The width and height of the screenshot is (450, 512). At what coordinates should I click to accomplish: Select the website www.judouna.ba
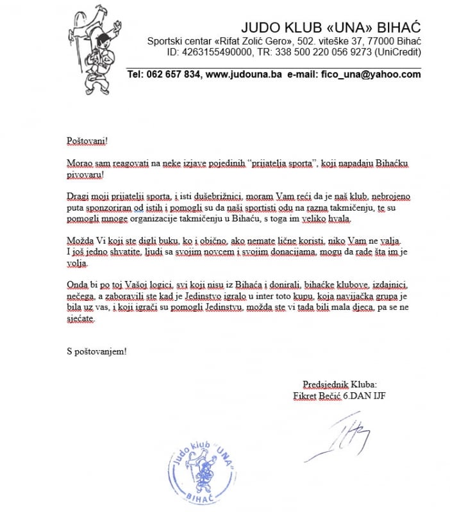point(244,74)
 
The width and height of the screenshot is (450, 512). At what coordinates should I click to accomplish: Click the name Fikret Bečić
point(317,395)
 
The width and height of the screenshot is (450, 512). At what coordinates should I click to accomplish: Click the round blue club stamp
point(206,472)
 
